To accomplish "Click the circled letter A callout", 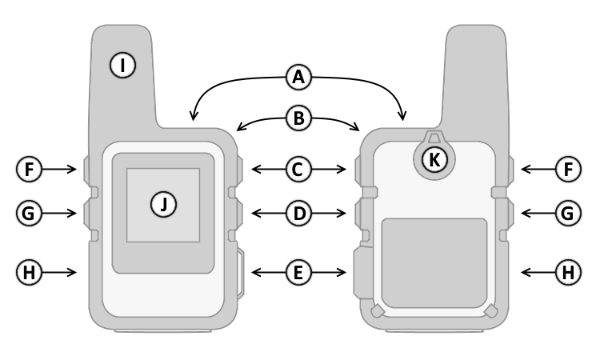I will click(x=298, y=78).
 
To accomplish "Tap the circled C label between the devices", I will click(x=298, y=169).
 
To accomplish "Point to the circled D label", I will click(x=298, y=214).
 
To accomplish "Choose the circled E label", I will click(x=298, y=272).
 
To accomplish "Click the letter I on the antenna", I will click(x=122, y=65).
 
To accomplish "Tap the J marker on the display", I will click(x=162, y=205).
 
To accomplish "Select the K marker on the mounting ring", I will click(x=434, y=158).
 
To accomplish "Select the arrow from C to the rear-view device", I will click(x=330, y=169).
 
